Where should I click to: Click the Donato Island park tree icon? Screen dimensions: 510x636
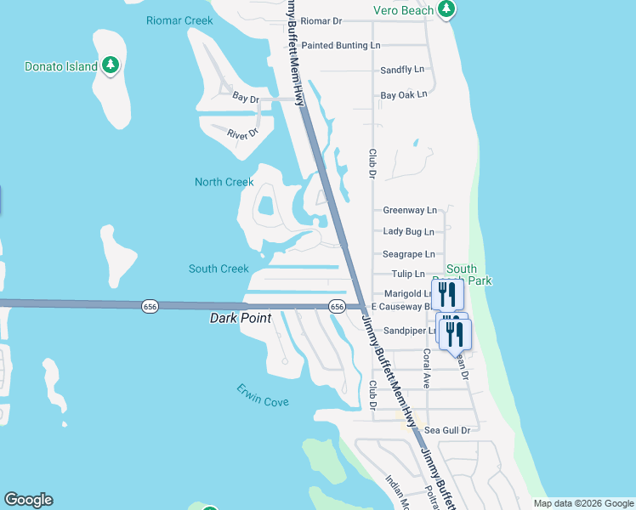click(x=110, y=65)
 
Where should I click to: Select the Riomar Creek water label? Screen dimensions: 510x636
click(x=179, y=20)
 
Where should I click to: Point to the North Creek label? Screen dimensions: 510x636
click(x=224, y=182)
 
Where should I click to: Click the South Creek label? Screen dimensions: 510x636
click(x=219, y=269)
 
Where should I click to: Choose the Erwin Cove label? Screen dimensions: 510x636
click(x=263, y=401)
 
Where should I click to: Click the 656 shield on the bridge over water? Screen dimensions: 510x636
click(x=150, y=306)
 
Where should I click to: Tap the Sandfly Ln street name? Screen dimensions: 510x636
click(x=402, y=70)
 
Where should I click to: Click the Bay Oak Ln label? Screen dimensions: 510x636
click(x=404, y=95)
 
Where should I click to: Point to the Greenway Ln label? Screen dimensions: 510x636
click(x=410, y=210)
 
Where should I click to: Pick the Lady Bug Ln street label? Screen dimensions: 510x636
click(x=408, y=232)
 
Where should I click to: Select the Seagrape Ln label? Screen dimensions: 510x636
click(x=408, y=254)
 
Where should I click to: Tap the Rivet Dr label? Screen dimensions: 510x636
click(x=242, y=134)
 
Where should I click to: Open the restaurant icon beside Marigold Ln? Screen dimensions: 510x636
click(x=446, y=295)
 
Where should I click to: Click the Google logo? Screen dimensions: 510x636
click(x=28, y=500)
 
